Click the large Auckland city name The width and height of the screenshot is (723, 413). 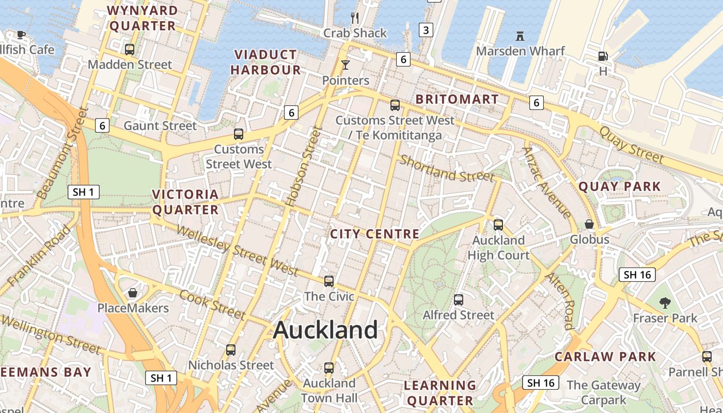(x=325, y=330)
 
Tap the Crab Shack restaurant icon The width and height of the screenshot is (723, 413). (x=355, y=18)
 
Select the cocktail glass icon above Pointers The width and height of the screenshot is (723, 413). (x=345, y=65)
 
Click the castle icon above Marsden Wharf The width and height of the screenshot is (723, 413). (x=520, y=36)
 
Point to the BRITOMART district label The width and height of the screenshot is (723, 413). (x=457, y=99)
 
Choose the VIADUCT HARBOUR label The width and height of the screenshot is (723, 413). (x=265, y=62)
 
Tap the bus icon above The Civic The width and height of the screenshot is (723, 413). (x=329, y=281)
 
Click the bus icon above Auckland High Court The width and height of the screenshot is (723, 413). (x=498, y=225)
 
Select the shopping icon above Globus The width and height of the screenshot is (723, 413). (x=589, y=224)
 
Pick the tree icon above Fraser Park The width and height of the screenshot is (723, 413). (x=665, y=303)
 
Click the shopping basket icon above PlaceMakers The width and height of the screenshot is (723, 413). (x=133, y=293)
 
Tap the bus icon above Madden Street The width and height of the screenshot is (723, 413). (x=130, y=50)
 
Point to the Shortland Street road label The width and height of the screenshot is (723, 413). (x=447, y=168)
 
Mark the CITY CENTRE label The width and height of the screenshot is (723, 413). (x=375, y=234)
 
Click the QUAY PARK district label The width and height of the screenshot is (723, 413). (x=620, y=186)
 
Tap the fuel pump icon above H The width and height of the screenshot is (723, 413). (x=603, y=56)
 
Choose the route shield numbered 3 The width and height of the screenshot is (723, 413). (x=426, y=30)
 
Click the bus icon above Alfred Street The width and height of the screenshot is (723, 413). (x=459, y=300)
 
